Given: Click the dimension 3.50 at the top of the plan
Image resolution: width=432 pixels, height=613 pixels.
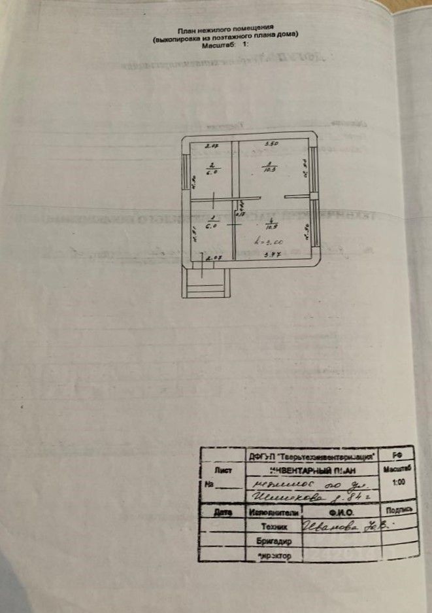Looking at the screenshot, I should (272, 143).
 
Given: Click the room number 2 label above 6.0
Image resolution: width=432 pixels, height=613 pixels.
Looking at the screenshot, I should (212, 165).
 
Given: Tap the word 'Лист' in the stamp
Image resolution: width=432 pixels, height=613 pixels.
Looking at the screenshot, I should (223, 470).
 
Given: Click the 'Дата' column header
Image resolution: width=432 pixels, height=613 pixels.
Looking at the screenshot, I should (222, 512).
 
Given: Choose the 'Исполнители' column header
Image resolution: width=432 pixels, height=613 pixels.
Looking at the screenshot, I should (273, 513).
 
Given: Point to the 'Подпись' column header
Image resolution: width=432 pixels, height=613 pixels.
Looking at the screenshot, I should (398, 508).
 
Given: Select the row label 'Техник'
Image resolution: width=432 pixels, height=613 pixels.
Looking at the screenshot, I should (274, 527).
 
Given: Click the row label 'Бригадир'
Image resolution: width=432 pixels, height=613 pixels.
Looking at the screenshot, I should (274, 542).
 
